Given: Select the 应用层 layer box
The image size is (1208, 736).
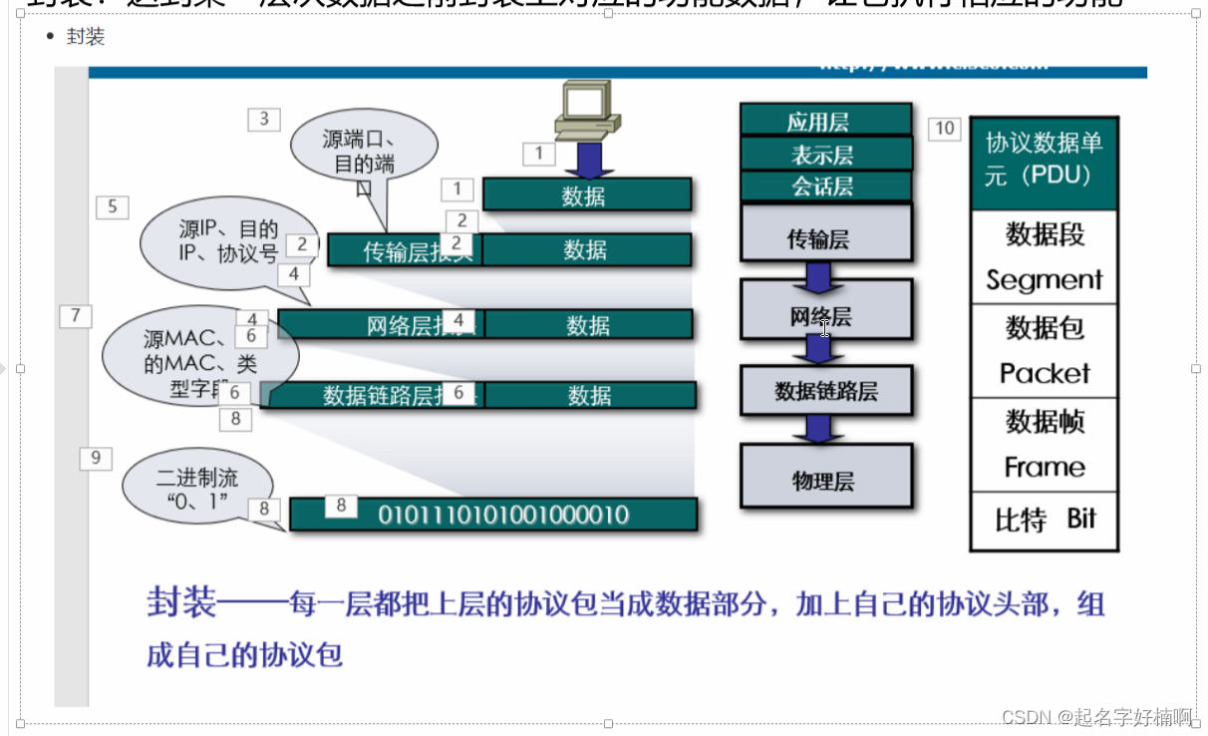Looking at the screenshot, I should (x=824, y=120).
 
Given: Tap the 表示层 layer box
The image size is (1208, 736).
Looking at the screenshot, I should (x=824, y=154).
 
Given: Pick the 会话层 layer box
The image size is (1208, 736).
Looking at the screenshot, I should (x=824, y=185).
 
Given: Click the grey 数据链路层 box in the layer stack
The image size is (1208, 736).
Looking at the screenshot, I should (x=826, y=390).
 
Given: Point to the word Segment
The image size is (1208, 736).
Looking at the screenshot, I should (x=1044, y=280).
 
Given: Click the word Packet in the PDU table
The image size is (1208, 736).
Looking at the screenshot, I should (x=1044, y=373).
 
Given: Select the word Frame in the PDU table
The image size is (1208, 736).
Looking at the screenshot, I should (x=1044, y=467).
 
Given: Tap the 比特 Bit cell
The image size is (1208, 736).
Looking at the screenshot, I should (x=1044, y=520).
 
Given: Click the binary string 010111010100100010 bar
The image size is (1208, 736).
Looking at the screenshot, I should (x=502, y=515).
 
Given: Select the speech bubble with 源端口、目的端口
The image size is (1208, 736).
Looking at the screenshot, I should (x=363, y=152).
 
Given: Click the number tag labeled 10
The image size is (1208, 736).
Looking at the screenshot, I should (x=944, y=128).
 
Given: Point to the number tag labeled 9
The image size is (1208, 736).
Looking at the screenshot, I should (x=96, y=458).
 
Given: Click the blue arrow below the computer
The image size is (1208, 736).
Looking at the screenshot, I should (x=589, y=158).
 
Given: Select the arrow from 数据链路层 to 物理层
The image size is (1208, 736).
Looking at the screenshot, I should (x=818, y=429).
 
